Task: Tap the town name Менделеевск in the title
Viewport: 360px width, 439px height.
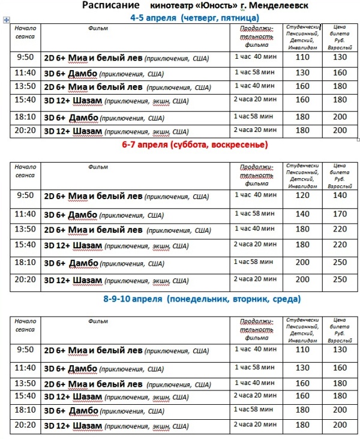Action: [271, 6]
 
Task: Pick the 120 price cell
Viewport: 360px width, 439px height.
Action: [302, 196]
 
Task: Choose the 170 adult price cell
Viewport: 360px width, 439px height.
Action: [340, 214]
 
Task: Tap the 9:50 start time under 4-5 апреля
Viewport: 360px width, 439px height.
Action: [25, 58]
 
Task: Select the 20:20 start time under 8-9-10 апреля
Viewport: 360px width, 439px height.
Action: [25, 425]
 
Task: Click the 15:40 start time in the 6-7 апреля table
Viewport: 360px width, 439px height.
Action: [25, 245]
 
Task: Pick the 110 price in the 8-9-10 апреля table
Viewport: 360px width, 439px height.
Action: [302, 350]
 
